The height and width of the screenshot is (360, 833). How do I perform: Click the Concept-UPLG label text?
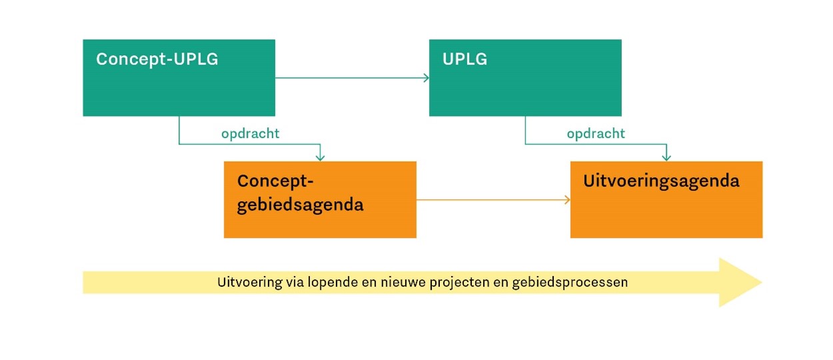click(x=157, y=59)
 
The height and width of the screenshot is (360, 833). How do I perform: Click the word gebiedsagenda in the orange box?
click(x=301, y=205)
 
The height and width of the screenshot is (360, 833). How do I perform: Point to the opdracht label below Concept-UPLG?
click(x=250, y=133)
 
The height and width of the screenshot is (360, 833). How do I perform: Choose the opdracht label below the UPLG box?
click(x=596, y=133)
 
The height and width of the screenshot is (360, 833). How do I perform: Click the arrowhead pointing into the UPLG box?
click(x=426, y=78)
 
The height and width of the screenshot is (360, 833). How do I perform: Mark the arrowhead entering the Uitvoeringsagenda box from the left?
click(x=567, y=199)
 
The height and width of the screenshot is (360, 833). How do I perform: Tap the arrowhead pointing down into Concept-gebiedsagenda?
click(x=320, y=157)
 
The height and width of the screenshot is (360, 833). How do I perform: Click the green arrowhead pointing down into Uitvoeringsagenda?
click(x=666, y=157)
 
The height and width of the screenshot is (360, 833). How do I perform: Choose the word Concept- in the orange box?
click(x=275, y=182)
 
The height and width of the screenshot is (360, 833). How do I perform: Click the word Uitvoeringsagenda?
click(x=661, y=181)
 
